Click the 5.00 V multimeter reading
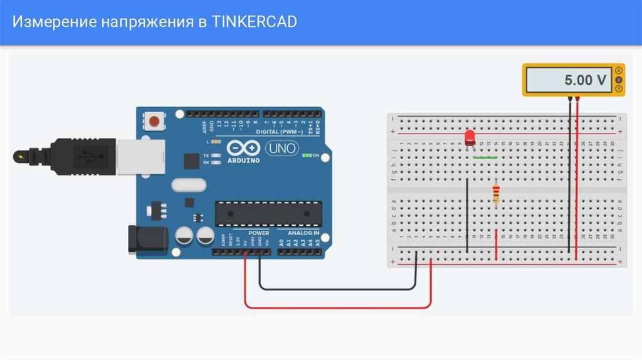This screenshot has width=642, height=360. [x=585, y=80]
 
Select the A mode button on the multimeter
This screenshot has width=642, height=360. [x=619, y=70]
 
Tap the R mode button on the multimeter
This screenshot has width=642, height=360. [x=619, y=90]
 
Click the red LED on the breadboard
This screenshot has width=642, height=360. [x=470, y=137]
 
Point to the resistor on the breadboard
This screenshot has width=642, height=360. [x=497, y=193]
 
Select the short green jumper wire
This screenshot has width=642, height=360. [x=485, y=157]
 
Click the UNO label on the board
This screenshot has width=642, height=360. [x=278, y=149]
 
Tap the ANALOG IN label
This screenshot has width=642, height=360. [x=303, y=233]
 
